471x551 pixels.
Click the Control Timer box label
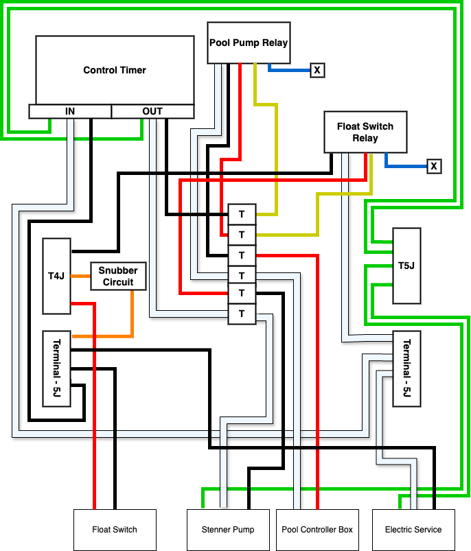(115, 70)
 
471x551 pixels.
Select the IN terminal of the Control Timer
(70, 111)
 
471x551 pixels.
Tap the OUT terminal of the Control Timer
(152, 111)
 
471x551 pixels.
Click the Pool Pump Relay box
(249, 43)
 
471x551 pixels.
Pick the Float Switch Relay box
(365, 132)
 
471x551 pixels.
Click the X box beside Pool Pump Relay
(317, 70)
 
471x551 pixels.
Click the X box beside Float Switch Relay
(433, 166)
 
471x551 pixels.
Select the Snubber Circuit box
(118, 276)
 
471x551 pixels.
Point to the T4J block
(56, 277)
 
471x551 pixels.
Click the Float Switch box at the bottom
(115, 530)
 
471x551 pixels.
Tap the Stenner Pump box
(229, 530)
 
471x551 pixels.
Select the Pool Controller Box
(317, 530)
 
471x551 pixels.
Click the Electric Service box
(413, 530)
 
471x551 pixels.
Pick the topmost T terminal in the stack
(242, 214)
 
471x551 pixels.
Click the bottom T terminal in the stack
(242, 314)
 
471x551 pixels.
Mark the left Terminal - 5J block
(56, 368)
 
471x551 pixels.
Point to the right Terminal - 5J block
(406, 368)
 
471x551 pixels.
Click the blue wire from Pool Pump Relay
(288, 69)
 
